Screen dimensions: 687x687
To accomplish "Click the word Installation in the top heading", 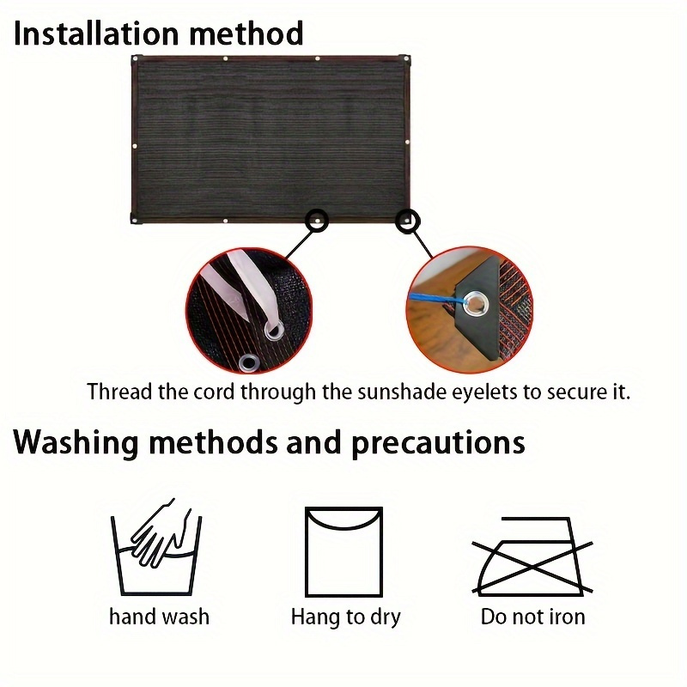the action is pyautogui.click(x=96, y=33).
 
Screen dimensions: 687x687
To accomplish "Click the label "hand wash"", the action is pyautogui.click(x=159, y=617).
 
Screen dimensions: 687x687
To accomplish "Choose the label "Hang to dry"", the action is pyautogui.click(x=346, y=617).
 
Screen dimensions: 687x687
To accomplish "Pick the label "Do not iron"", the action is pyautogui.click(x=532, y=617).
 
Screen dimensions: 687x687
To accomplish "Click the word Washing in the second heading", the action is pyautogui.click(x=76, y=443).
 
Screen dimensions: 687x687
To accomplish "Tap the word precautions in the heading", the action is pyautogui.click(x=438, y=443).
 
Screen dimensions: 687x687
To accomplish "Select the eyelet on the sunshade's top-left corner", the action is pyautogui.click(x=136, y=58).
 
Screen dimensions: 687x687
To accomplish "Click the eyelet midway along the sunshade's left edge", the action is pyautogui.click(x=135, y=146).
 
